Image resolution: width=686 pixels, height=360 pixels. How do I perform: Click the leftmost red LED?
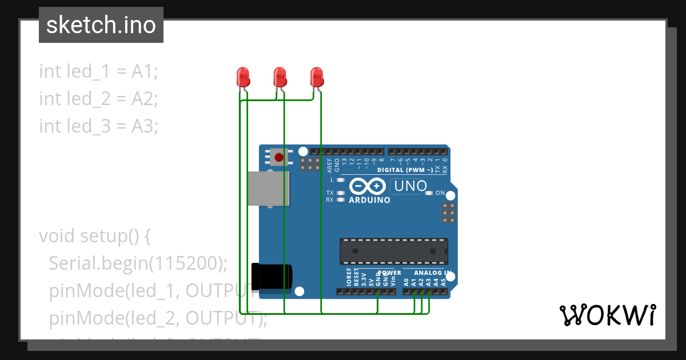(x=243, y=77)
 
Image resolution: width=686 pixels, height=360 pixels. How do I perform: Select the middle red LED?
(x=280, y=77)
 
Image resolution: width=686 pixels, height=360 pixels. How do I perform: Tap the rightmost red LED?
(x=317, y=77)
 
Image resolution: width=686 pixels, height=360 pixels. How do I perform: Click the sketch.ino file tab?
(x=101, y=25)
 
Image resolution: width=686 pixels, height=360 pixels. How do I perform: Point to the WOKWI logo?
(x=607, y=315)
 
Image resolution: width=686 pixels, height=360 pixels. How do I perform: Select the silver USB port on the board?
(x=268, y=188)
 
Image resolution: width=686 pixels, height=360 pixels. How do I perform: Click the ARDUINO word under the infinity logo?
(x=369, y=200)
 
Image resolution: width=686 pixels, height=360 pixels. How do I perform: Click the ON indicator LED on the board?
(x=430, y=193)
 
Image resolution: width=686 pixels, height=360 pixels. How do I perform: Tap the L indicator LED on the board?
(x=341, y=179)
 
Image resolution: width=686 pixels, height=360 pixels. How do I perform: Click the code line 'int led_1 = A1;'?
(x=98, y=71)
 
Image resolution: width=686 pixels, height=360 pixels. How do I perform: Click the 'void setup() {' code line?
(x=94, y=235)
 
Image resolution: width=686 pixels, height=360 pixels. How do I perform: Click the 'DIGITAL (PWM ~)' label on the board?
(x=405, y=170)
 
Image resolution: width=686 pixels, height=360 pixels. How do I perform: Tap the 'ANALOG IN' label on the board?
(x=432, y=273)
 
